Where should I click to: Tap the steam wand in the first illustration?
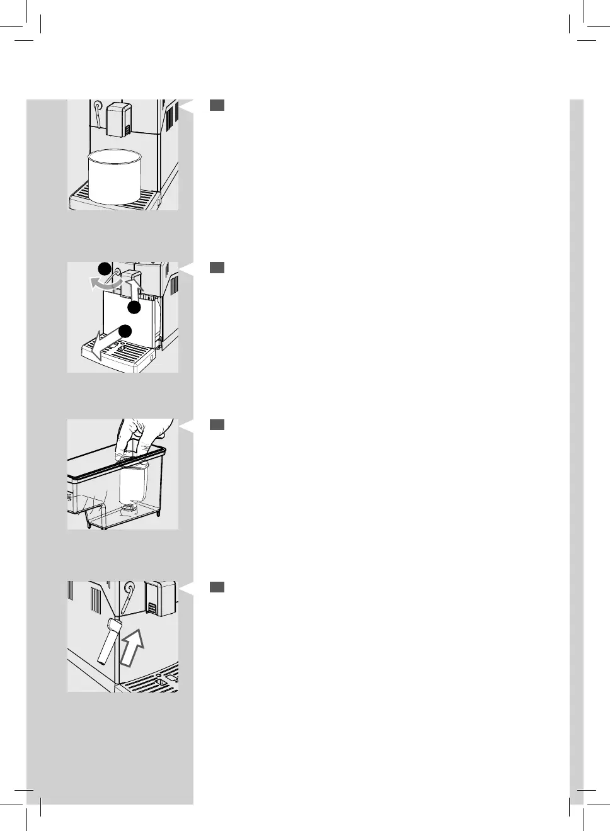click(x=98, y=113)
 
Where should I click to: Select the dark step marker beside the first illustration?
click(x=217, y=105)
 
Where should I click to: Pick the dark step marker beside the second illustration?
click(x=217, y=268)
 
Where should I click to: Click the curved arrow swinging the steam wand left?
click(x=104, y=284)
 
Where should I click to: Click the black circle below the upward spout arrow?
click(x=134, y=307)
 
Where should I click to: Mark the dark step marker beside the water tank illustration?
click(x=217, y=425)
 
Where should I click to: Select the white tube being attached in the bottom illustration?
click(x=108, y=641)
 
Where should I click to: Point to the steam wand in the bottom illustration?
click(x=127, y=594)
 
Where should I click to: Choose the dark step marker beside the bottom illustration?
click(x=217, y=587)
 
